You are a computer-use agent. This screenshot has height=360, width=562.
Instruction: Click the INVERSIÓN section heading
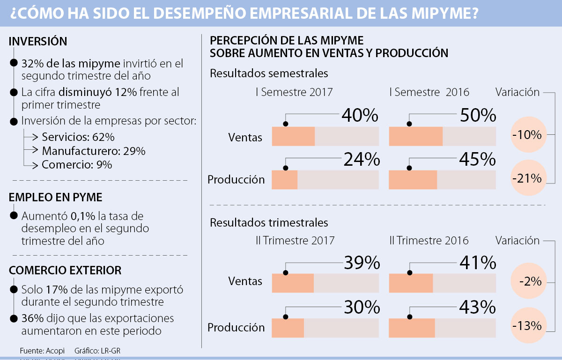coord(38,42)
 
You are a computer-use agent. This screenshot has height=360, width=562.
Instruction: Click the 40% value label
coord(360,116)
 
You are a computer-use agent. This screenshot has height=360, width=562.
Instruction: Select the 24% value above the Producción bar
coord(361,160)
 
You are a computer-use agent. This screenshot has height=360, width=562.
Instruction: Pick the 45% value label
coord(478,160)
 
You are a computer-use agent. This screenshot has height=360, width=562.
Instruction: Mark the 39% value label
coord(361,263)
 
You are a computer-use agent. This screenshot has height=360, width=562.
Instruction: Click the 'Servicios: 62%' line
coord(78,138)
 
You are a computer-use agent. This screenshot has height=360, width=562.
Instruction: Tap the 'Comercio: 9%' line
coord(77,165)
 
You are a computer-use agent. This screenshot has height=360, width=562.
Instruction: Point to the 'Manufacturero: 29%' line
coord(94,151)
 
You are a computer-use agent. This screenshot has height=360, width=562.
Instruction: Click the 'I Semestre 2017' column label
coord(294,92)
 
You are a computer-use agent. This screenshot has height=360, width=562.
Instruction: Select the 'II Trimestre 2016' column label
coord(429,241)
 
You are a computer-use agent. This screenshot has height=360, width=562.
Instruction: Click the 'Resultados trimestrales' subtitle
coord(269,222)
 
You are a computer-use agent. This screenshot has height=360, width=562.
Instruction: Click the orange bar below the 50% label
coord(416,136)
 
